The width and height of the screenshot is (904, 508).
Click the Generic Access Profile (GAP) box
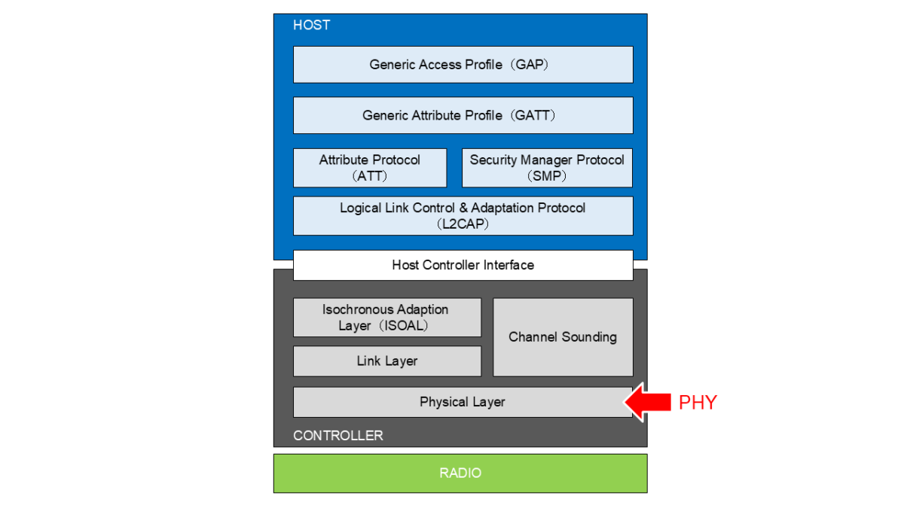point(463,65)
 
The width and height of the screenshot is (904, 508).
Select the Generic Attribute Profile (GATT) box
point(463,115)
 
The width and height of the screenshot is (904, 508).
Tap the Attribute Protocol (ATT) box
point(370,168)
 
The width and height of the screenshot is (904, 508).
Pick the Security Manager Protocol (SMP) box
point(547,168)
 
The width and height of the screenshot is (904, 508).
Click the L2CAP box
point(463,216)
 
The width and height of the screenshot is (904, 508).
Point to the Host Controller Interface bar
point(463,265)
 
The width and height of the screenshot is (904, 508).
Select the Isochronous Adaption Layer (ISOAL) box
point(386,318)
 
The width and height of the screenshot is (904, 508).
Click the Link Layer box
point(386,361)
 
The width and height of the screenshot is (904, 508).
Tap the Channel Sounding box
point(563,337)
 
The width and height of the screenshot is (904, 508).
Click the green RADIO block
point(460,473)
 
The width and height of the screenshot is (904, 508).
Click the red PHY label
point(698,403)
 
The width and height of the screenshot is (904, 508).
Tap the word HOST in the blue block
point(311,25)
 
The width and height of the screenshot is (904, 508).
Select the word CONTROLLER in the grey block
point(337,436)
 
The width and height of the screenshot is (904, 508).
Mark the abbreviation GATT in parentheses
point(536,115)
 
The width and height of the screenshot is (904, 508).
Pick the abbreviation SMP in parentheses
point(548,176)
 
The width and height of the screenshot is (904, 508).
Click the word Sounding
point(591,337)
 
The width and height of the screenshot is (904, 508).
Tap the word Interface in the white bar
point(508,265)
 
